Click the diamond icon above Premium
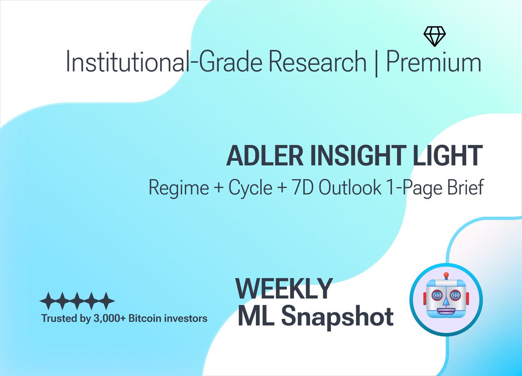pos(435,37)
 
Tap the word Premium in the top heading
pos(434,63)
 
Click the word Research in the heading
pos(317,63)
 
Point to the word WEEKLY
pos(284,288)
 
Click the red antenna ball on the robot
pos(445,275)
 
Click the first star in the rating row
pos(47,300)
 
